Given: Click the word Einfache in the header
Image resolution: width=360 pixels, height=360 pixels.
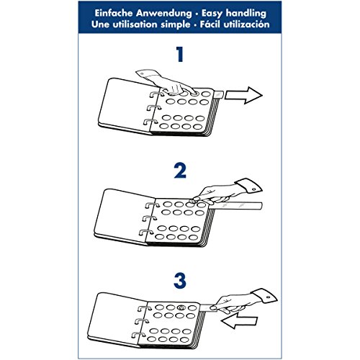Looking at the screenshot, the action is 114,13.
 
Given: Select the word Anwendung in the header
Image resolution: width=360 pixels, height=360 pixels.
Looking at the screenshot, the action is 164,13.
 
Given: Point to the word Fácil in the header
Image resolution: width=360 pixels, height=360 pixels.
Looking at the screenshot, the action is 210,24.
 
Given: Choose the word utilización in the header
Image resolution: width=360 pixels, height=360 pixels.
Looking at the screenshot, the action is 246,24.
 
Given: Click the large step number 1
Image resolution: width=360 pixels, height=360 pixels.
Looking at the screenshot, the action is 180,54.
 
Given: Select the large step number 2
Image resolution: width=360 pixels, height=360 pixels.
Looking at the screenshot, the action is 180,171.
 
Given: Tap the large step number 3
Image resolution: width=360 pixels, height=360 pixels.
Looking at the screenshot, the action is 180,280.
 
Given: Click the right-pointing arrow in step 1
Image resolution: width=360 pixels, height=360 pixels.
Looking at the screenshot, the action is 243,95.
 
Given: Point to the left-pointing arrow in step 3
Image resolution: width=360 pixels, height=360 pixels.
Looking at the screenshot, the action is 239,320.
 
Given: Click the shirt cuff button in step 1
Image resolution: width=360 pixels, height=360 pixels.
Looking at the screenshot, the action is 142,73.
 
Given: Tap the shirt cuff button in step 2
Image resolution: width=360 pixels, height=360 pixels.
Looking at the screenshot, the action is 253,189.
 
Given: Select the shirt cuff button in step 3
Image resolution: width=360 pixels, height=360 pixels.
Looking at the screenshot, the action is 268,297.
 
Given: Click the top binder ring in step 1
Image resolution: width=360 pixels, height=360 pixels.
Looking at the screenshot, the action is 156,94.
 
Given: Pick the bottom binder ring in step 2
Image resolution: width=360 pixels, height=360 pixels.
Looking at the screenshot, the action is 145,232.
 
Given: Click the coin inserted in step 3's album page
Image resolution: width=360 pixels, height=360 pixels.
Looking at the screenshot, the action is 181,307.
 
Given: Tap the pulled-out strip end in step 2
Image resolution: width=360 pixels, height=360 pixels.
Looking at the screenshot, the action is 261,206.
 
